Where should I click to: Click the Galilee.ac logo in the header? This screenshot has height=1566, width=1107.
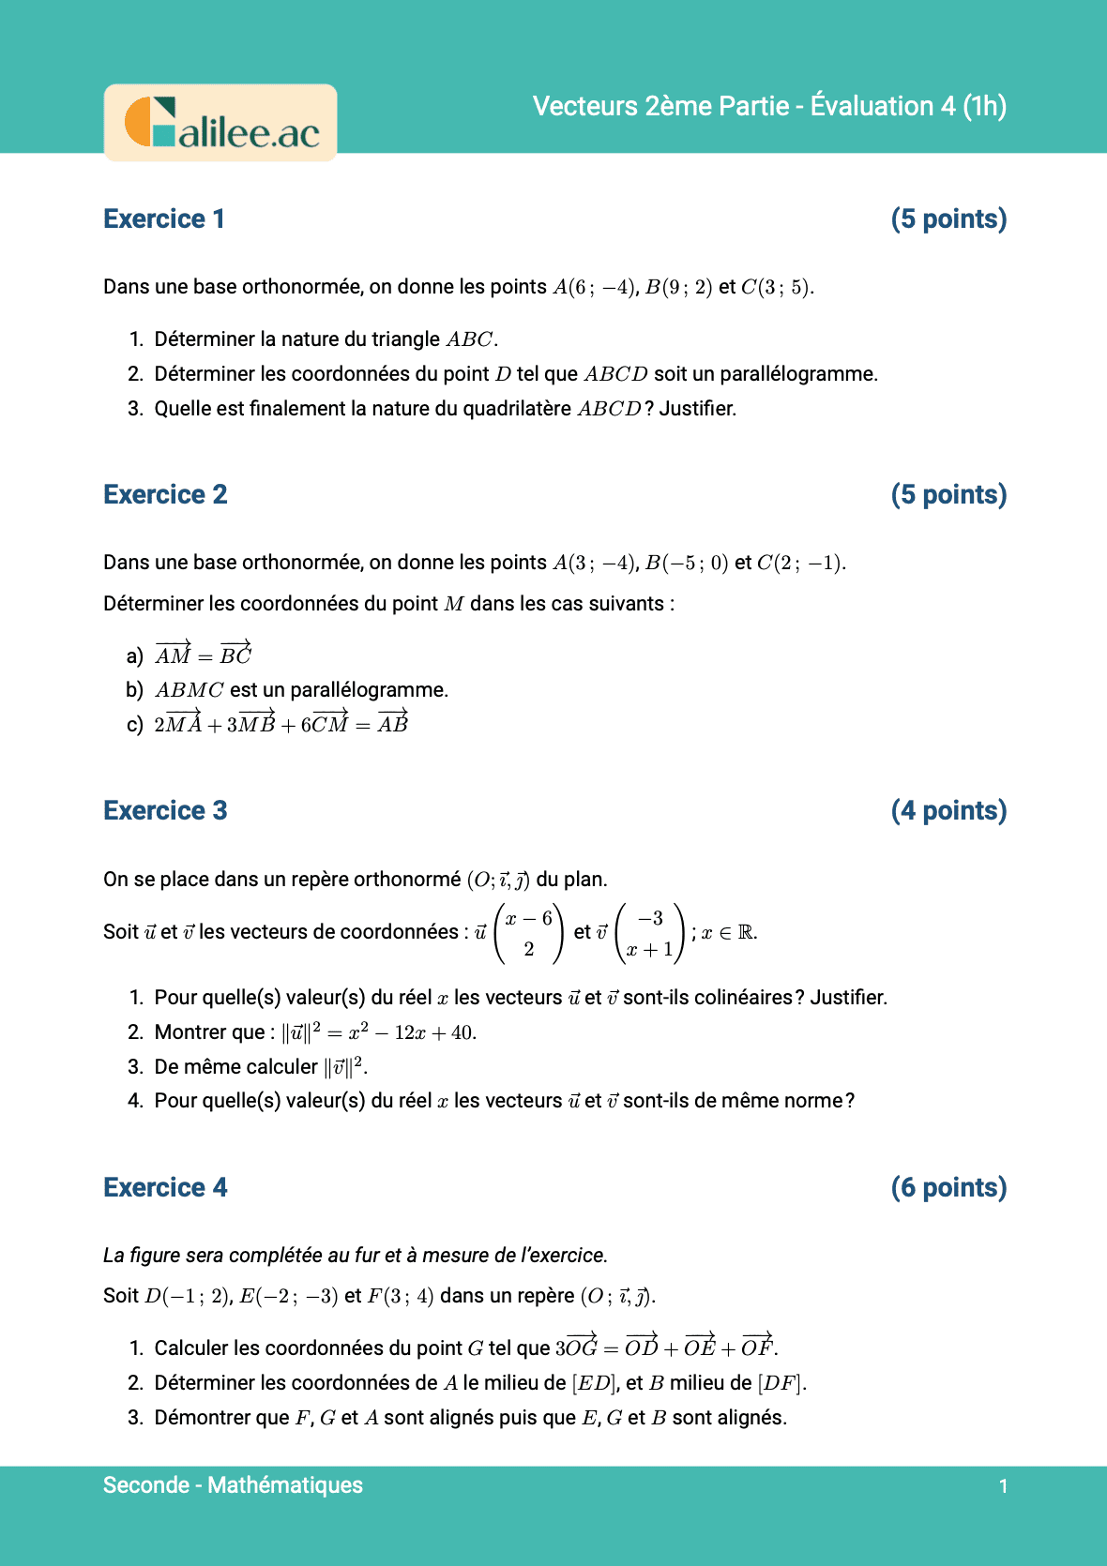pyautogui.click(x=220, y=123)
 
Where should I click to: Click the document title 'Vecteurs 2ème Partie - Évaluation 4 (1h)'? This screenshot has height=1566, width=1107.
pyautogui.click(x=769, y=106)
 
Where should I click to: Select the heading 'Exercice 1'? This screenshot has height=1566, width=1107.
pyautogui.click(x=164, y=218)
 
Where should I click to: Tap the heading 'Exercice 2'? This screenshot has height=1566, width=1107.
pyautogui.click(x=165, y=494)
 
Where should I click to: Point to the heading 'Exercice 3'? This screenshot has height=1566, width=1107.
pyautogui.click(x=165, y=810)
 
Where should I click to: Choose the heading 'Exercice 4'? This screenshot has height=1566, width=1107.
pyautogui.click(x=165, y=1187)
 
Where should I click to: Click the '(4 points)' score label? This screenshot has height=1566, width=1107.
pyautogui.click(x=948, y=810)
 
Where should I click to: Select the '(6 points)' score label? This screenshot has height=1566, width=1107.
pyautogui.click(x=948, y=1187)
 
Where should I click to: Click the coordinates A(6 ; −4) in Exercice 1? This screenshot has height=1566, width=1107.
pyautogui.click(x=595, y=287)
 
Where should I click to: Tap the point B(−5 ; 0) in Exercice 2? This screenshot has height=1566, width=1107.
pyautogui.click(x=686, y=563)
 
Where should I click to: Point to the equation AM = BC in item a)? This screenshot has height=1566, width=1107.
pyautogui.click(x=204, y=655)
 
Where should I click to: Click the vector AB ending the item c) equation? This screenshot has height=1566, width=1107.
pyautogui.click(x=393, y=723)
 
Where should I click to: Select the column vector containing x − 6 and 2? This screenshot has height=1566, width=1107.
pyautogui.click(x=529, y=933)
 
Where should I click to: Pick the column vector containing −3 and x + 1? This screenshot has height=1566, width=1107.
pyautogui.click(x=650, y=933)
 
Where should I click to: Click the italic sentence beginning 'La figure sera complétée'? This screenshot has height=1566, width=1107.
pyautogui.click(x=356, y=1255)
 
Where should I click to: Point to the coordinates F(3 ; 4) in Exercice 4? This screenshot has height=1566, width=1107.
pyautogui.click(x=401, y=1296)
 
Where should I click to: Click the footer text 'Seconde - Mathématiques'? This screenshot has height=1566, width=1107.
pyautogui.click(x=233, y=1485)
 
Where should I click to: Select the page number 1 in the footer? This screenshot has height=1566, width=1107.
pyautogui.click(x=1003, y=1486)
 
